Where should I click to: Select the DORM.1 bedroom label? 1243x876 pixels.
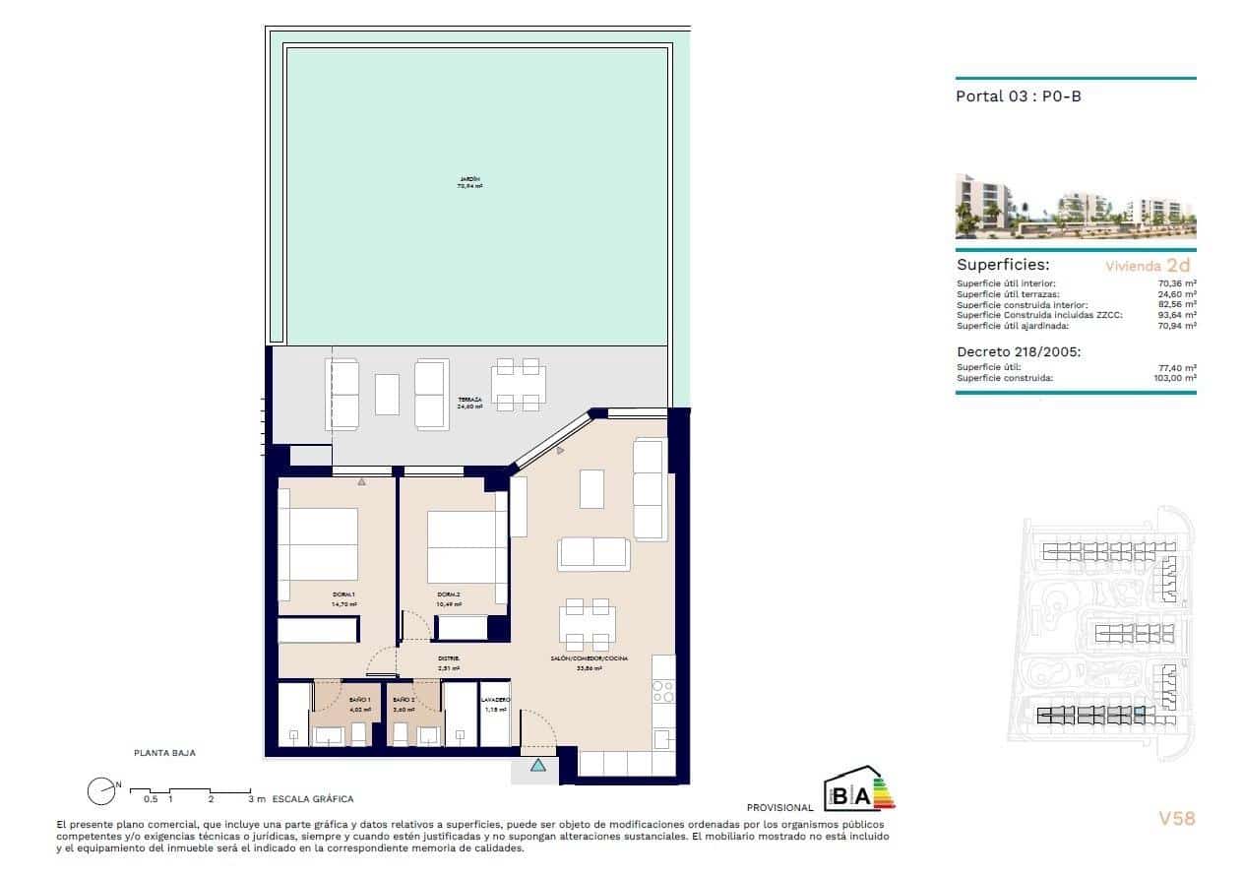(343, 595)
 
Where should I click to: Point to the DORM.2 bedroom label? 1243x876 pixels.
(449, 595)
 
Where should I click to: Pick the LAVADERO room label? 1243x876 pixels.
(495, 700)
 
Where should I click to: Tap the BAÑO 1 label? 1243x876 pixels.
(360, 700)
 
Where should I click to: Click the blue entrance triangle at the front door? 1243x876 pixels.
(537, 765)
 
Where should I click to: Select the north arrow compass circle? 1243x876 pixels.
(100, 790)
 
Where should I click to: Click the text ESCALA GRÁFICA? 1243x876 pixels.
(313, 799)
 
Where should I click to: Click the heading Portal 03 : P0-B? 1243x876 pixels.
(1019, 96)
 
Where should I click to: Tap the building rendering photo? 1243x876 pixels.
(1076, 207)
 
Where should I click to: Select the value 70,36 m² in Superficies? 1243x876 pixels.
(1177, 283)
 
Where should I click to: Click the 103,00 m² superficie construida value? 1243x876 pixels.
(1175, 378)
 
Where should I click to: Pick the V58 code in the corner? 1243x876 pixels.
(1176, 818)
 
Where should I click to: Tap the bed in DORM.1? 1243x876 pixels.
(318, 543)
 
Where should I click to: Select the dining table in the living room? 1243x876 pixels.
(588, 622)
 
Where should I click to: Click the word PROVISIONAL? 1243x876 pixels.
(780, 807)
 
